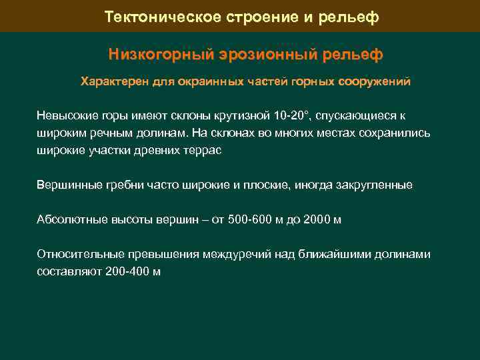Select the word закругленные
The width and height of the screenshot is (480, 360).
[373, 185]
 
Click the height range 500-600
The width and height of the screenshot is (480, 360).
[250, 219]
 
